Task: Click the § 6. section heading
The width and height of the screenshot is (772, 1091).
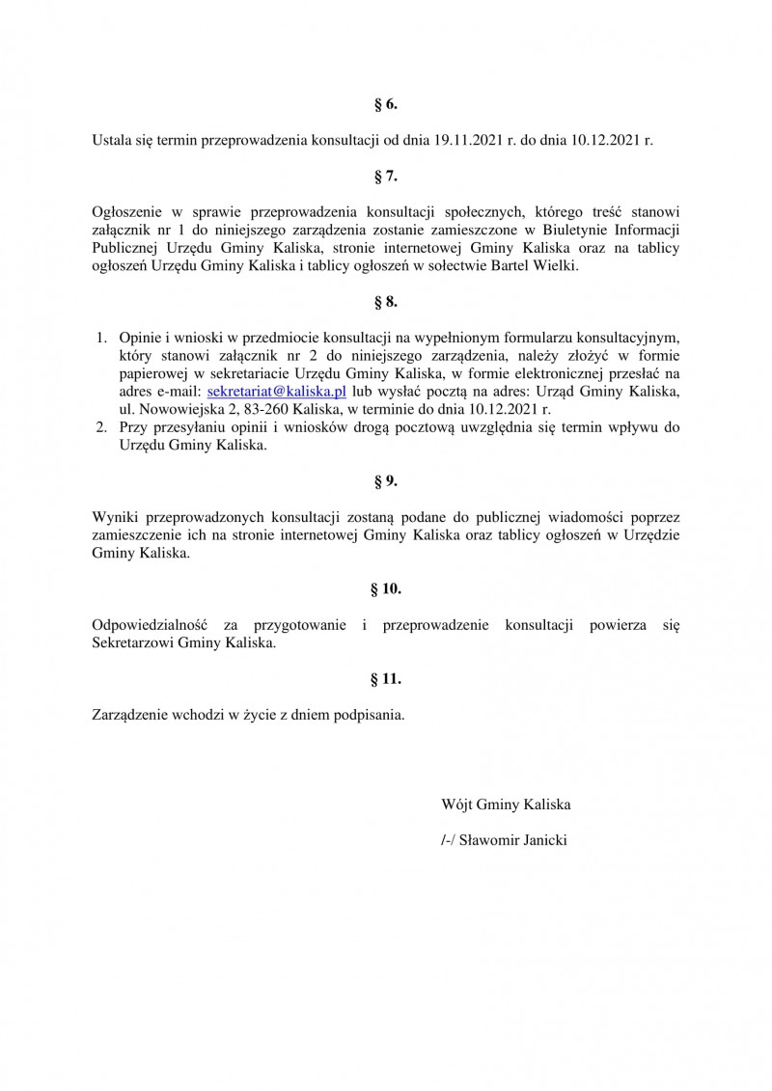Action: [x=386, y=104]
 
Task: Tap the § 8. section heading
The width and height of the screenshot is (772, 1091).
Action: [x=386, y=303]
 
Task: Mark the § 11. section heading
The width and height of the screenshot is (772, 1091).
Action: [x=386, y=679]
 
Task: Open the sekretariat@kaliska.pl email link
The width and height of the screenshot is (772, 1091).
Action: [x=277, y=391]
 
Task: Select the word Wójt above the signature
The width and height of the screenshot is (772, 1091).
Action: [x=456, y=804]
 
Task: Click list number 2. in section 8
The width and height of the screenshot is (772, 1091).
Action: [x=100, y=427]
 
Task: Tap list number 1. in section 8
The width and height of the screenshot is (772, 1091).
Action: [x=100, y=337]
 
